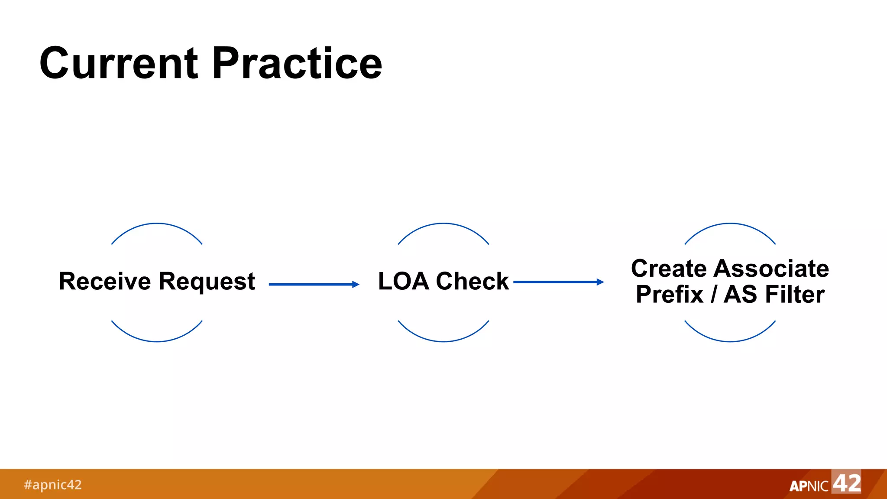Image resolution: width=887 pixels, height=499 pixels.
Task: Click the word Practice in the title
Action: [x=297, y=64]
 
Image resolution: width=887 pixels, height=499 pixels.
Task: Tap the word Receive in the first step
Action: [x=105, y=281]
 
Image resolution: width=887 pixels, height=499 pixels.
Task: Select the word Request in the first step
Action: [x=207, y=282]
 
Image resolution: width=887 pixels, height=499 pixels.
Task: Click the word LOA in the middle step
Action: [x=403, y=281]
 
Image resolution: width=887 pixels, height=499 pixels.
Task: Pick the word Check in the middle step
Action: [x=472, y=281]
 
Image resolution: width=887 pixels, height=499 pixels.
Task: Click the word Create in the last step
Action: [x=669, y=268]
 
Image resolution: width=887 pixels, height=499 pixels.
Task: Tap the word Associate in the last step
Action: [x=771, y=268]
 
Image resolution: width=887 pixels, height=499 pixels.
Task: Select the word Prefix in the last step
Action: [x=670, y=295]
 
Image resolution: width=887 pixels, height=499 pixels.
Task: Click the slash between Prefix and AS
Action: [x=713, y=295]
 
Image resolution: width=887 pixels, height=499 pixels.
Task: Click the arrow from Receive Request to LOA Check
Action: [x=314, y=285]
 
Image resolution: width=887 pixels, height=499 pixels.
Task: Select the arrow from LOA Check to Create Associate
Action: [x=558, y=282]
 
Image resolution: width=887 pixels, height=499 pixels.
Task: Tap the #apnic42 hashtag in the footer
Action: [x=53, y=484]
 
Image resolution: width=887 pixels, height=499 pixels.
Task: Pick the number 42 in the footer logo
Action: [x=847, y=483]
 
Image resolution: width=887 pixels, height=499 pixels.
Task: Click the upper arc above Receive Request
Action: [x=157, y=224]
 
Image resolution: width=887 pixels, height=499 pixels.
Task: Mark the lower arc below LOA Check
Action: [x=443, y=341]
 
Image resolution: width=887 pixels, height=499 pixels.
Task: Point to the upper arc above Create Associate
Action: [x=730, y=224]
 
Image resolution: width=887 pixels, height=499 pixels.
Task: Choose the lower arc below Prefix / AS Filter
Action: [x=730, y=341]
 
